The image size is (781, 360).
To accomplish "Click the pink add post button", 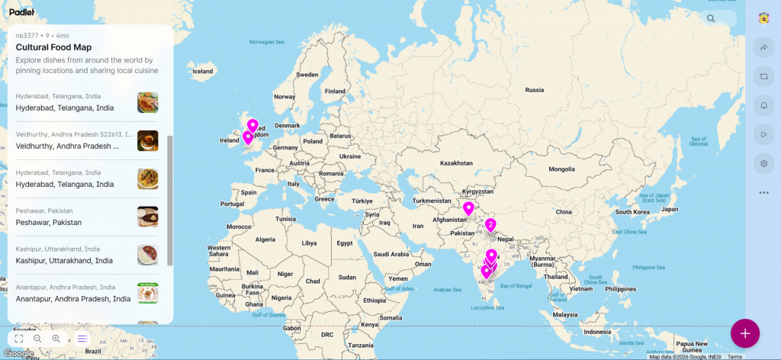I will click(744, 333).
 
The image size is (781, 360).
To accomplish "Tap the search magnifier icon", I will click(711, 18).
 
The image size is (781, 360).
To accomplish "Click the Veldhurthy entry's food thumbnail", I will click(147, 140).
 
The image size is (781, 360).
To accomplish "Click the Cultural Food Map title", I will click(53, 47).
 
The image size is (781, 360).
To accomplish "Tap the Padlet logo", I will click(22, 12).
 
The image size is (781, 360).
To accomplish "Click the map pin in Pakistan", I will click(468, 208).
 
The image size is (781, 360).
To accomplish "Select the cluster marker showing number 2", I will click(490, 225).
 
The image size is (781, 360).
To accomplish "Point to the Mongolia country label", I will click(561, 169).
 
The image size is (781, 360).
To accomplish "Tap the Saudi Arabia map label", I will click(392, 254).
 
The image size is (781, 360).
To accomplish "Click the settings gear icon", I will click(763, 163).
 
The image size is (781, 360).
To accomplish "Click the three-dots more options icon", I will click(763, 192).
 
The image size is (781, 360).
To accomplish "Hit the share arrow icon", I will click(763, 47).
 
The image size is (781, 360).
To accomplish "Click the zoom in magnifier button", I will click(56, 338).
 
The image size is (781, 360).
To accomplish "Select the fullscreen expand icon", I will click(19, 338).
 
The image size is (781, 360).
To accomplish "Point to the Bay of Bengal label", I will click(513, 285).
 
